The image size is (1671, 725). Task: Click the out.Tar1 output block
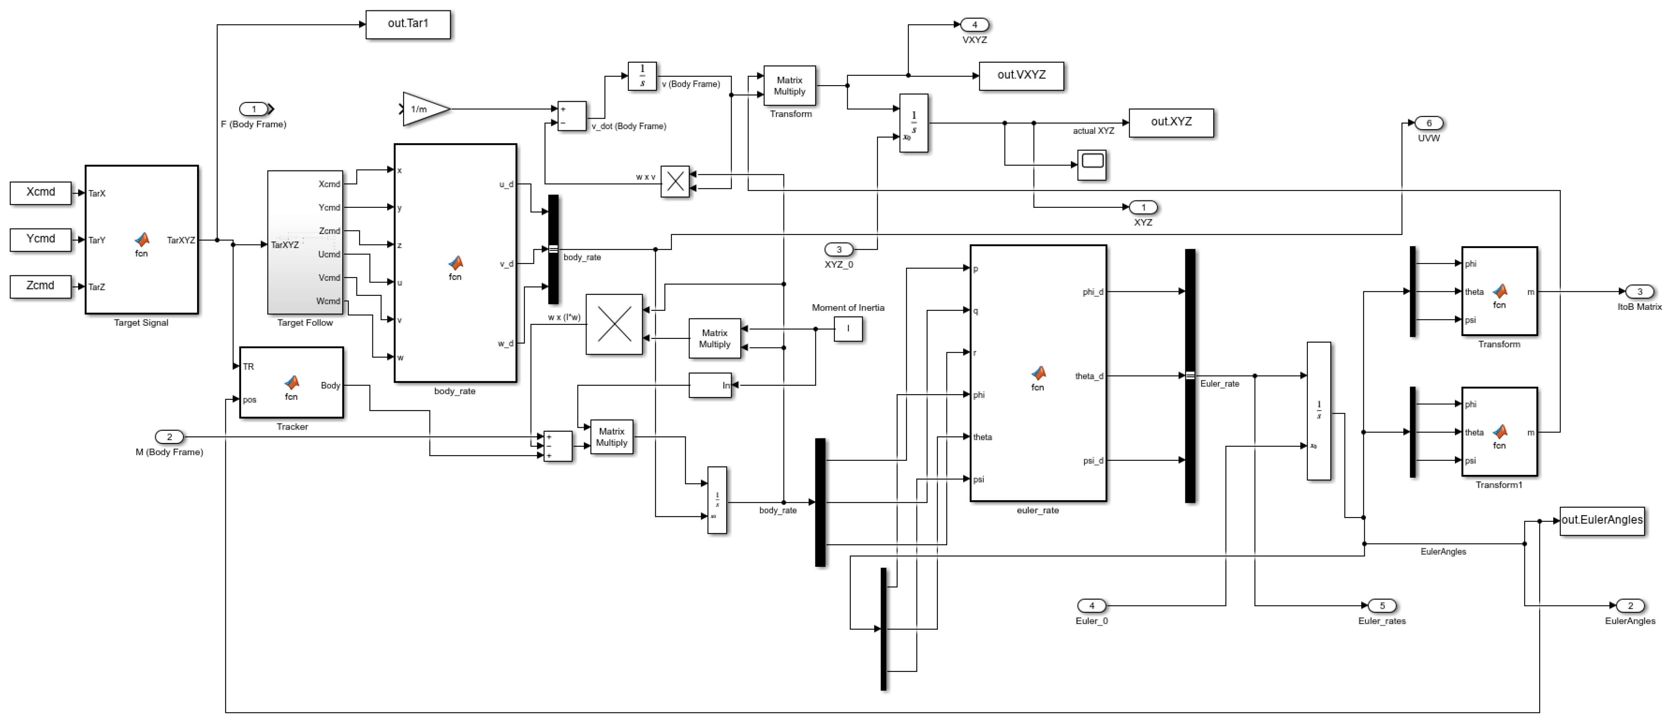407,24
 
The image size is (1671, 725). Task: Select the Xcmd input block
40,193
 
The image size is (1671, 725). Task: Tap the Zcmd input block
40,286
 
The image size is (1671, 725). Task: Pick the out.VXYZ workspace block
1021,76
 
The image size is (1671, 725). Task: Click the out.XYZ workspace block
1171,123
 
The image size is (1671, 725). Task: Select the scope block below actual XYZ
1092,165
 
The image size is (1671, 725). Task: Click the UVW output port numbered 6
1428,123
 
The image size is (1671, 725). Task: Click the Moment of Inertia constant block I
848,329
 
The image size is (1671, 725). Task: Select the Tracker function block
291,383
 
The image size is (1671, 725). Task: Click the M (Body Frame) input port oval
169,437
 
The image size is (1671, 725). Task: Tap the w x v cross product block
675,182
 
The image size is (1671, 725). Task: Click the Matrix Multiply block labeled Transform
790,86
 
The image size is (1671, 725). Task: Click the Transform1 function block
1498,432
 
